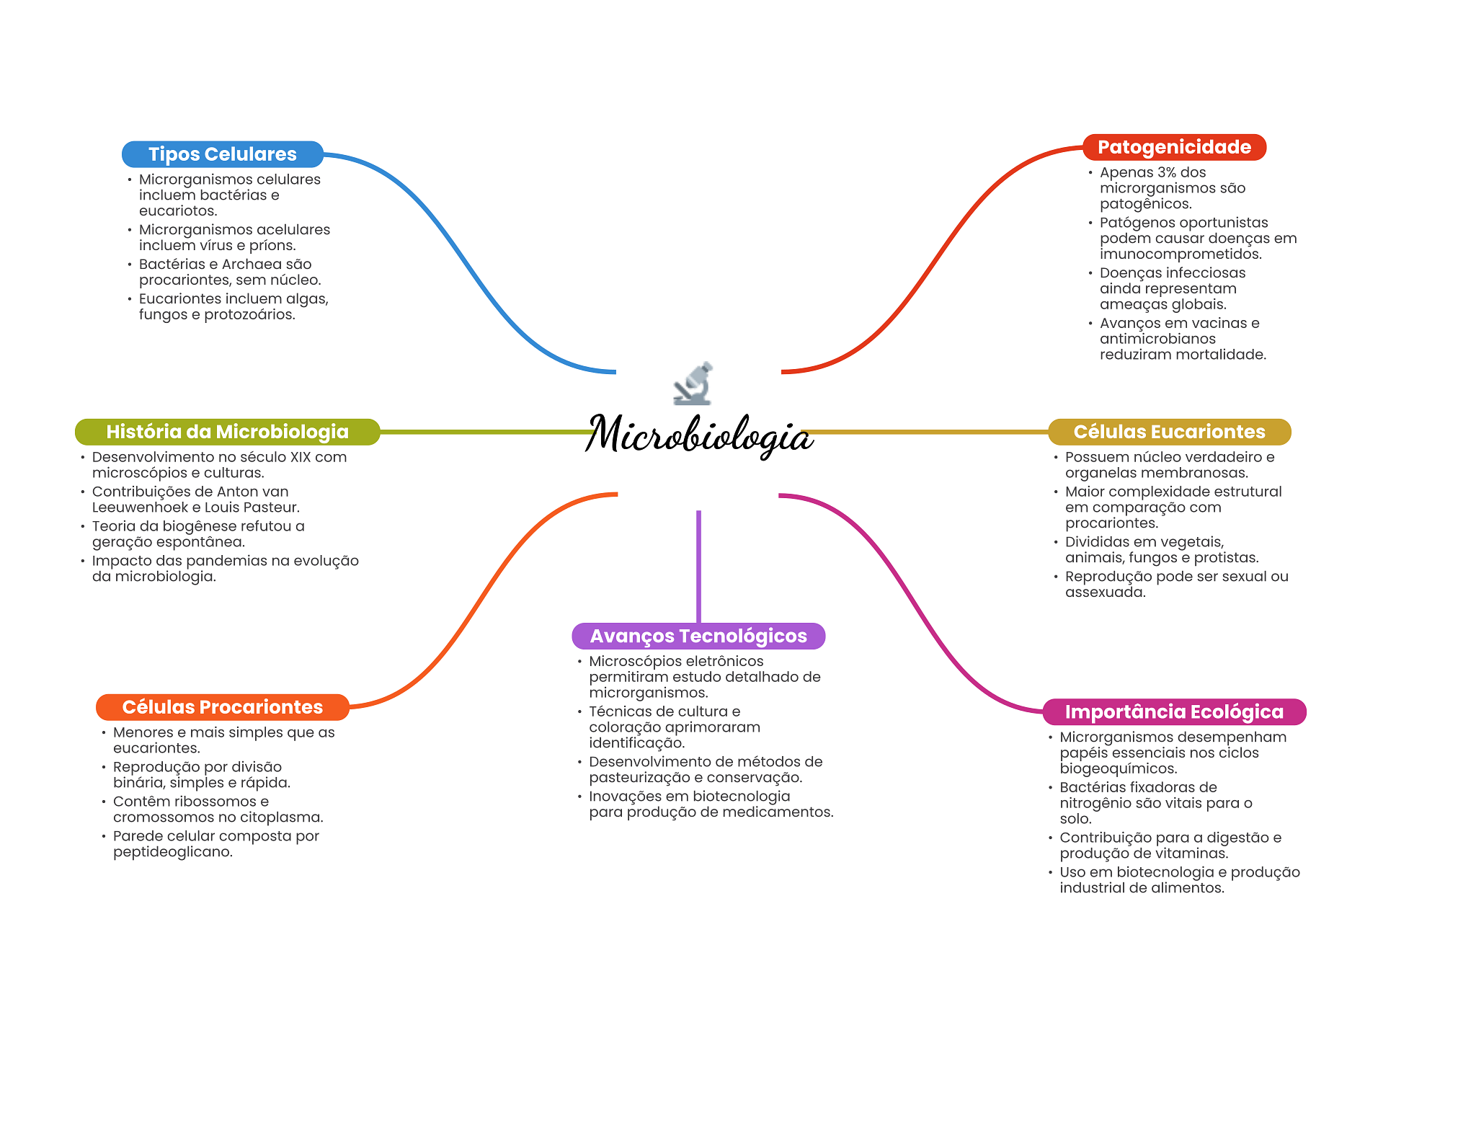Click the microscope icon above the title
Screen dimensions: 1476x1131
693,383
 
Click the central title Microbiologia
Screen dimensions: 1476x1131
698,435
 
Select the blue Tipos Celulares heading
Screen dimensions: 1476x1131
222,154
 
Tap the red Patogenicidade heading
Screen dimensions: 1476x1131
1173,147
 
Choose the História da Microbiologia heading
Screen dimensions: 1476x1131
227,432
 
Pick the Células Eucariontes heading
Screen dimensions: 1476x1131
1168,432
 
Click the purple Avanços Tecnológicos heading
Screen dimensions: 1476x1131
698,636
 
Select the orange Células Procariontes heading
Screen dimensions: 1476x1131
222,707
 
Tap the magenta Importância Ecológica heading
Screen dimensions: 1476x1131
1173,712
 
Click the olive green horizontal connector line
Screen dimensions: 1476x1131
483,432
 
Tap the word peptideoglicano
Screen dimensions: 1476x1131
173,852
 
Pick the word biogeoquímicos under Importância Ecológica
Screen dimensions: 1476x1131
1118,769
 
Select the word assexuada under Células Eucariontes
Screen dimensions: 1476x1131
1105,593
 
